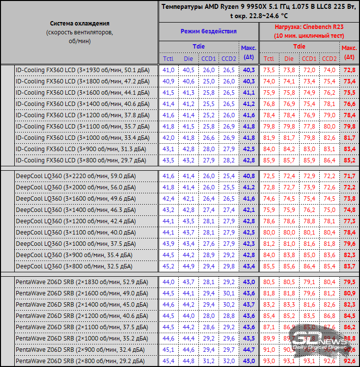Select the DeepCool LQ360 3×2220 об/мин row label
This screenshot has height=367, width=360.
click(76, 176)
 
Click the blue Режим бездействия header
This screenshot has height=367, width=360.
click(208, 31)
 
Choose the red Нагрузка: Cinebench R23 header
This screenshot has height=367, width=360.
click(309, 31)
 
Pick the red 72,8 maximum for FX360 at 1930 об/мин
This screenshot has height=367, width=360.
click(349, 70)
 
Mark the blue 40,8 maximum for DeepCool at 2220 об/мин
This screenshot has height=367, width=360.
click(249, 176)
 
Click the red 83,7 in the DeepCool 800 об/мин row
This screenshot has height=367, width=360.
click(349, 266)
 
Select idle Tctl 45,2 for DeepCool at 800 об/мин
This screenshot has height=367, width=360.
click(168, 266)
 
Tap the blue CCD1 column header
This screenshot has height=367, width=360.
click(208, 59)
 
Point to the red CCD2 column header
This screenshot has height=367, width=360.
click(329, 59)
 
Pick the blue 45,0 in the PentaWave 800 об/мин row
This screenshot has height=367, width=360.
click(249, 361)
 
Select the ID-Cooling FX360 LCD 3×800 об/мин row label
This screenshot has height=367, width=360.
click(81, 160)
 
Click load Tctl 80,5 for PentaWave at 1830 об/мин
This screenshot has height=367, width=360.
click(269, 282)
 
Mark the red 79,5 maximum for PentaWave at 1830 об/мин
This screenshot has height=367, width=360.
click(349, 282)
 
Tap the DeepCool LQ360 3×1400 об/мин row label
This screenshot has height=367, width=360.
click(76, 210)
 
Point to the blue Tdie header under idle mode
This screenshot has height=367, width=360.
click(198, 47)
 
